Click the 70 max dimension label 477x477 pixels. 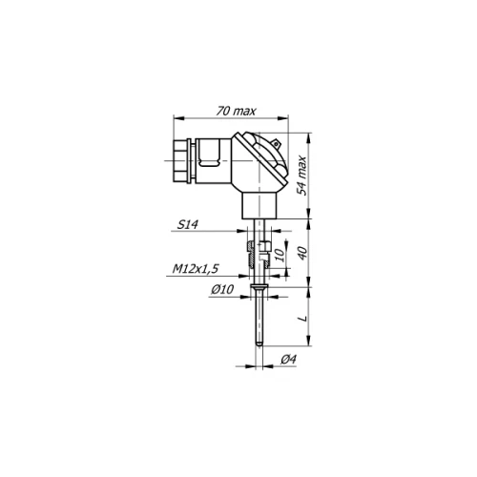click(x=236, y=111)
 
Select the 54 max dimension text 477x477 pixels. click(x=301, y=176)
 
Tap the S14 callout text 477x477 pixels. click(x=188, y=225)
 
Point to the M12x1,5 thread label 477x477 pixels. click(x=196, y=269)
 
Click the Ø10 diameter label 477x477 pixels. click(x=222, y=289)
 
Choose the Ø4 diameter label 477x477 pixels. click(x=289, y=360)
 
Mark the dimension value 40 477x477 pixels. click(x=303, y=253)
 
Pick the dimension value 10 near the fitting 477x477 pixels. click(x=280, y=255)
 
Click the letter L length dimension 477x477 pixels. click(x=303, y=318)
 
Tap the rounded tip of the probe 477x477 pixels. click(x=259, y=344)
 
